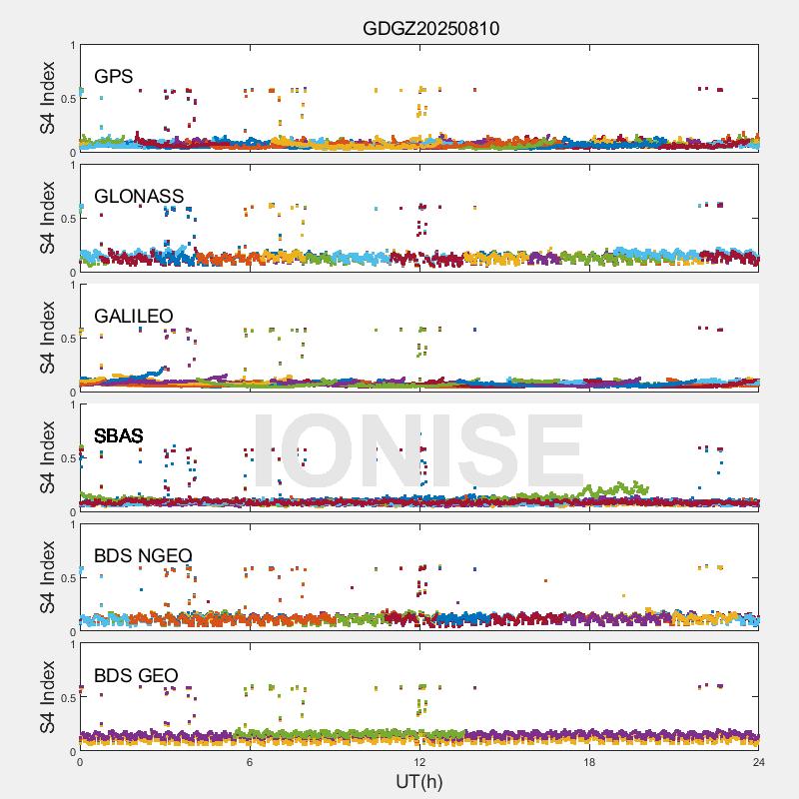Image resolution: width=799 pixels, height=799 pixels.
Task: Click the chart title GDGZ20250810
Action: click(x=430, y=28)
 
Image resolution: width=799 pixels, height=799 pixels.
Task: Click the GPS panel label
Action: click(x=113, y=76)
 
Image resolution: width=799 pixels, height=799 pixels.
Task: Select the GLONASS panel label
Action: click(x=139, y=196)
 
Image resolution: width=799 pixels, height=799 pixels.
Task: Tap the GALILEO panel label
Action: click(x=134, y=316)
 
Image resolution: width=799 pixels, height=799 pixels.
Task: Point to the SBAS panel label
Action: click(x=119, y=435)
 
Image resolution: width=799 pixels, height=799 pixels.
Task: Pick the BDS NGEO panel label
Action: click(x=143, y=555)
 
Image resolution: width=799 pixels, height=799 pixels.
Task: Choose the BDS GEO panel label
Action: click(x=136, y=675)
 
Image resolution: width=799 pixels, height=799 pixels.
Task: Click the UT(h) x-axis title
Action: click(x=419, y=782)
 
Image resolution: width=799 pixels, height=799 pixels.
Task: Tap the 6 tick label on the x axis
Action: click(x=250, y=763)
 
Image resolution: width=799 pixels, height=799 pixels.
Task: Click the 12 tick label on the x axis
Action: click(x=419, y=763)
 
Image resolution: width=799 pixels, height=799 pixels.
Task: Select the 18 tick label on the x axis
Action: click(x=589, y=763)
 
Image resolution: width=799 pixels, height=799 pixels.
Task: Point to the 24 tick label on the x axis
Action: click(x=759, y=763)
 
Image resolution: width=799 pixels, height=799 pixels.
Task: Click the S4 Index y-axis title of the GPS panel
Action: click(x=48, y=98)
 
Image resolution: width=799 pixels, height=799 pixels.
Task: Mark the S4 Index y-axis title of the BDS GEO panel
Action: click(x=48, y=697)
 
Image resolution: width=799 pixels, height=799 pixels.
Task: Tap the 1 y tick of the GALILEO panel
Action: click(x=72, y=285)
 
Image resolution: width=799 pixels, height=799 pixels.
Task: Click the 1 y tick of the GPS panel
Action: click(x=72, y=45)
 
